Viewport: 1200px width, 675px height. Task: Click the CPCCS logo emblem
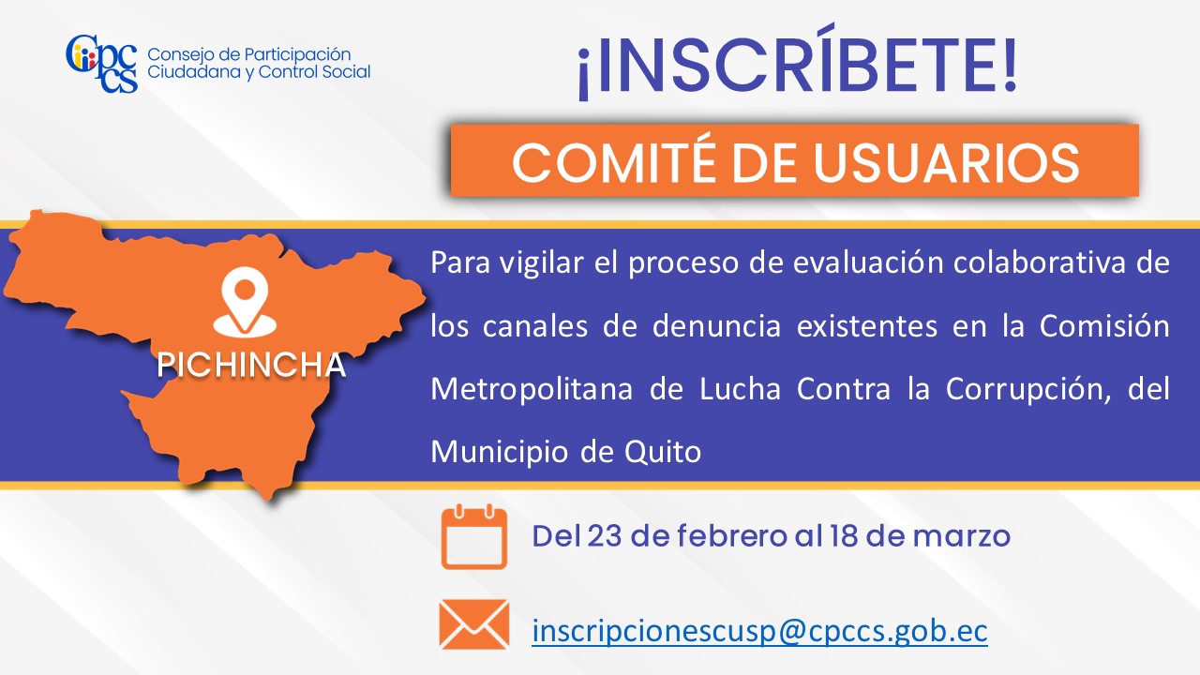tap(102, 64)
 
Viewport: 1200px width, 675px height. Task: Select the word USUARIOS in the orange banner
tap(946, 162)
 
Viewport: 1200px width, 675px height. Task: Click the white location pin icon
tap(245, 302)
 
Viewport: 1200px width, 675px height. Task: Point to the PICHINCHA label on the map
tap(250, 365)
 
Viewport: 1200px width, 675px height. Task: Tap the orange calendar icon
tap(474, 536)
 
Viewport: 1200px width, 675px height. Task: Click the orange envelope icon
tap(474, 624)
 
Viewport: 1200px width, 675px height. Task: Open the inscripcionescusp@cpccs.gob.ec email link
tap(759, 631)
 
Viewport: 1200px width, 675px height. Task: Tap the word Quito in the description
tap(663, 452)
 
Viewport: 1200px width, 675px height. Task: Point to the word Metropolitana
tap(532, 389)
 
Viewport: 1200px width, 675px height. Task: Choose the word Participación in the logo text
tap(297, 55)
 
